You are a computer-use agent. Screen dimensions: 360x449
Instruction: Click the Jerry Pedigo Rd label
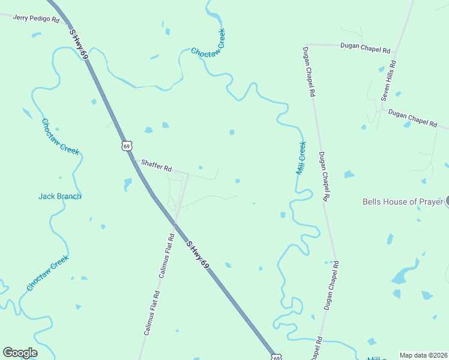coord(37,19)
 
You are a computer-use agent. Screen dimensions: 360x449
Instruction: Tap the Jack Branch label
coord(59,196)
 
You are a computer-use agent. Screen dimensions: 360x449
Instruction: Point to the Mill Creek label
coord(301,158)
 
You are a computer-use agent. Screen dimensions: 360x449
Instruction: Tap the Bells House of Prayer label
coord(402,202)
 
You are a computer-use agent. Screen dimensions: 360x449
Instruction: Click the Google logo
coord(20,353)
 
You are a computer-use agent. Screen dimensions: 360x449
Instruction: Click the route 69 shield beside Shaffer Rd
coord(125,146)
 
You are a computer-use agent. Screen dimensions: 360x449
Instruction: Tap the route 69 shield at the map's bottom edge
coord(276,357)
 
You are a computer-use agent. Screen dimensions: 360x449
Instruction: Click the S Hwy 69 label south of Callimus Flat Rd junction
coord(197,254)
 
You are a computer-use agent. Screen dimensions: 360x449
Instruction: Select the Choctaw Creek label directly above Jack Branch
coord(60,137)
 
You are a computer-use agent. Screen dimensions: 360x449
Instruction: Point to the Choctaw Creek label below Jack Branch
coord(47,273)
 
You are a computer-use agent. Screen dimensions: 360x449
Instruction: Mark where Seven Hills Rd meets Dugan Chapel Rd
coord(382,110)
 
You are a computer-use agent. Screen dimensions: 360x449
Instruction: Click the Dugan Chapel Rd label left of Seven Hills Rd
coord(365,46)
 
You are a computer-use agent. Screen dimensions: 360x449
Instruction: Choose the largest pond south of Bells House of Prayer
coord(405,274)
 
